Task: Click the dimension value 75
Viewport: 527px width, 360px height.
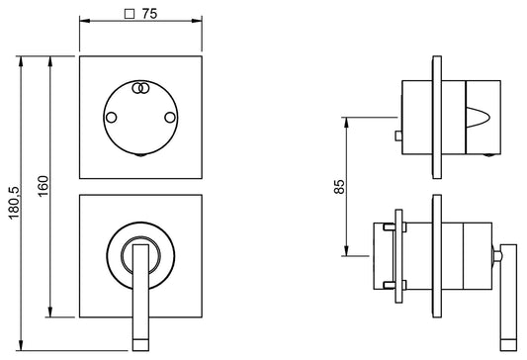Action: pos(149,14)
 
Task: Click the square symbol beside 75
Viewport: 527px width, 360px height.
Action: pos(130,14)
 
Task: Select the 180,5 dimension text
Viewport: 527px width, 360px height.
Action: pos(15,203)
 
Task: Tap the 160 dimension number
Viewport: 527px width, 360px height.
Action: pos(44,186)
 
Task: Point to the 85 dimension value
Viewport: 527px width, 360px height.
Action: pos(339,187)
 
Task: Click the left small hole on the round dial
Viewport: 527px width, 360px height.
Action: pos(112,118)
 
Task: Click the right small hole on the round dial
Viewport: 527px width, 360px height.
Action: pos(170,118)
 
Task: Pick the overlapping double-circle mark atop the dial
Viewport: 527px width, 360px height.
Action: pos(140,88)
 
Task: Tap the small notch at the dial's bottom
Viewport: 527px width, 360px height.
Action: pos(140,155)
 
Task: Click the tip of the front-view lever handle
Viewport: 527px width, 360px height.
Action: pos(140,345)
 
